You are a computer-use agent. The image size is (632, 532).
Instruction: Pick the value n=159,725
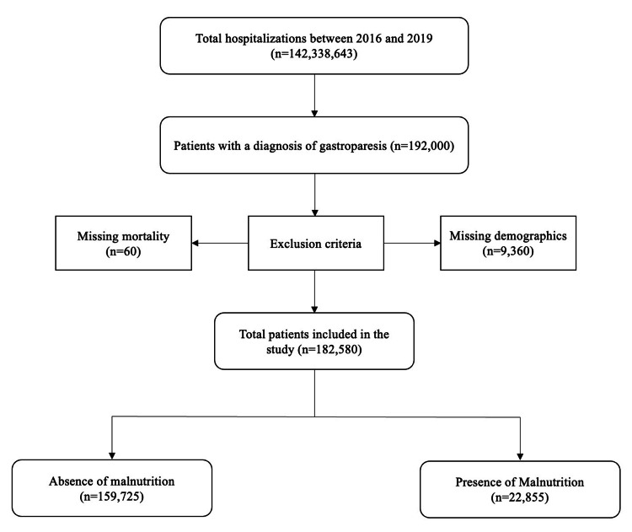(x=112, y=497)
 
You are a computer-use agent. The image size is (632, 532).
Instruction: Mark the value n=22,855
(x=520, y=498)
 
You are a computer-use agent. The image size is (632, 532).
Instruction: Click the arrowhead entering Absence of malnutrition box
(x=112, y=454)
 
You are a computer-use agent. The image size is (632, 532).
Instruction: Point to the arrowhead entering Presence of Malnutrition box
(x=520, y=454)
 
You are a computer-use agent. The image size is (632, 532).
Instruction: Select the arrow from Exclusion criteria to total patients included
(x=314, y=295)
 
